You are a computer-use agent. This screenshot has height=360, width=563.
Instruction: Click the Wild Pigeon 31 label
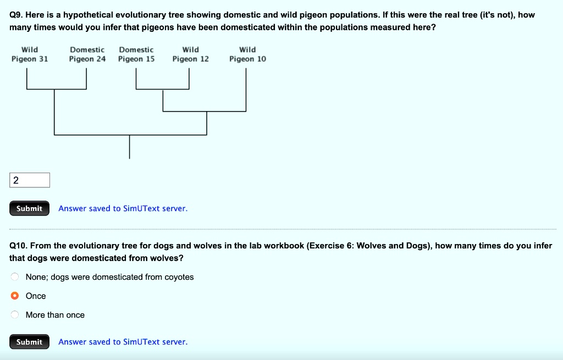point(30,54)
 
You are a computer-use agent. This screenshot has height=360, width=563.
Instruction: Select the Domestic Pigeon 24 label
point(87,54)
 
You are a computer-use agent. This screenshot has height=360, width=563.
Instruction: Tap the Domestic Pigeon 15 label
point(136,54)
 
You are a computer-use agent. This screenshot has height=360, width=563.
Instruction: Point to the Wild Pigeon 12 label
point(190,54)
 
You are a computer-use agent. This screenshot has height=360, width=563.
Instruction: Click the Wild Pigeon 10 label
point(247,54)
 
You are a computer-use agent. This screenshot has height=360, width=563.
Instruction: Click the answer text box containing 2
point(30,180)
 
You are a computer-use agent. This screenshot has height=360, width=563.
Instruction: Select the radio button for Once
point(15,296)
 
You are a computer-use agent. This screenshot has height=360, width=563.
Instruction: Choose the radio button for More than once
point(15,315)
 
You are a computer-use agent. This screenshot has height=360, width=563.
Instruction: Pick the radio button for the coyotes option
point(15,277)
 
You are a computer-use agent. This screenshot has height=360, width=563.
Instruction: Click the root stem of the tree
point(130,146)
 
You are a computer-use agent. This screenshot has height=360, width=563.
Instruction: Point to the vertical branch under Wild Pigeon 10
point(246,91)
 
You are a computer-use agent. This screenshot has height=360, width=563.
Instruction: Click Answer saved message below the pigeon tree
point(123,208)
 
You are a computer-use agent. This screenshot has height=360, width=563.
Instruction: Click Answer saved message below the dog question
point(123,342)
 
